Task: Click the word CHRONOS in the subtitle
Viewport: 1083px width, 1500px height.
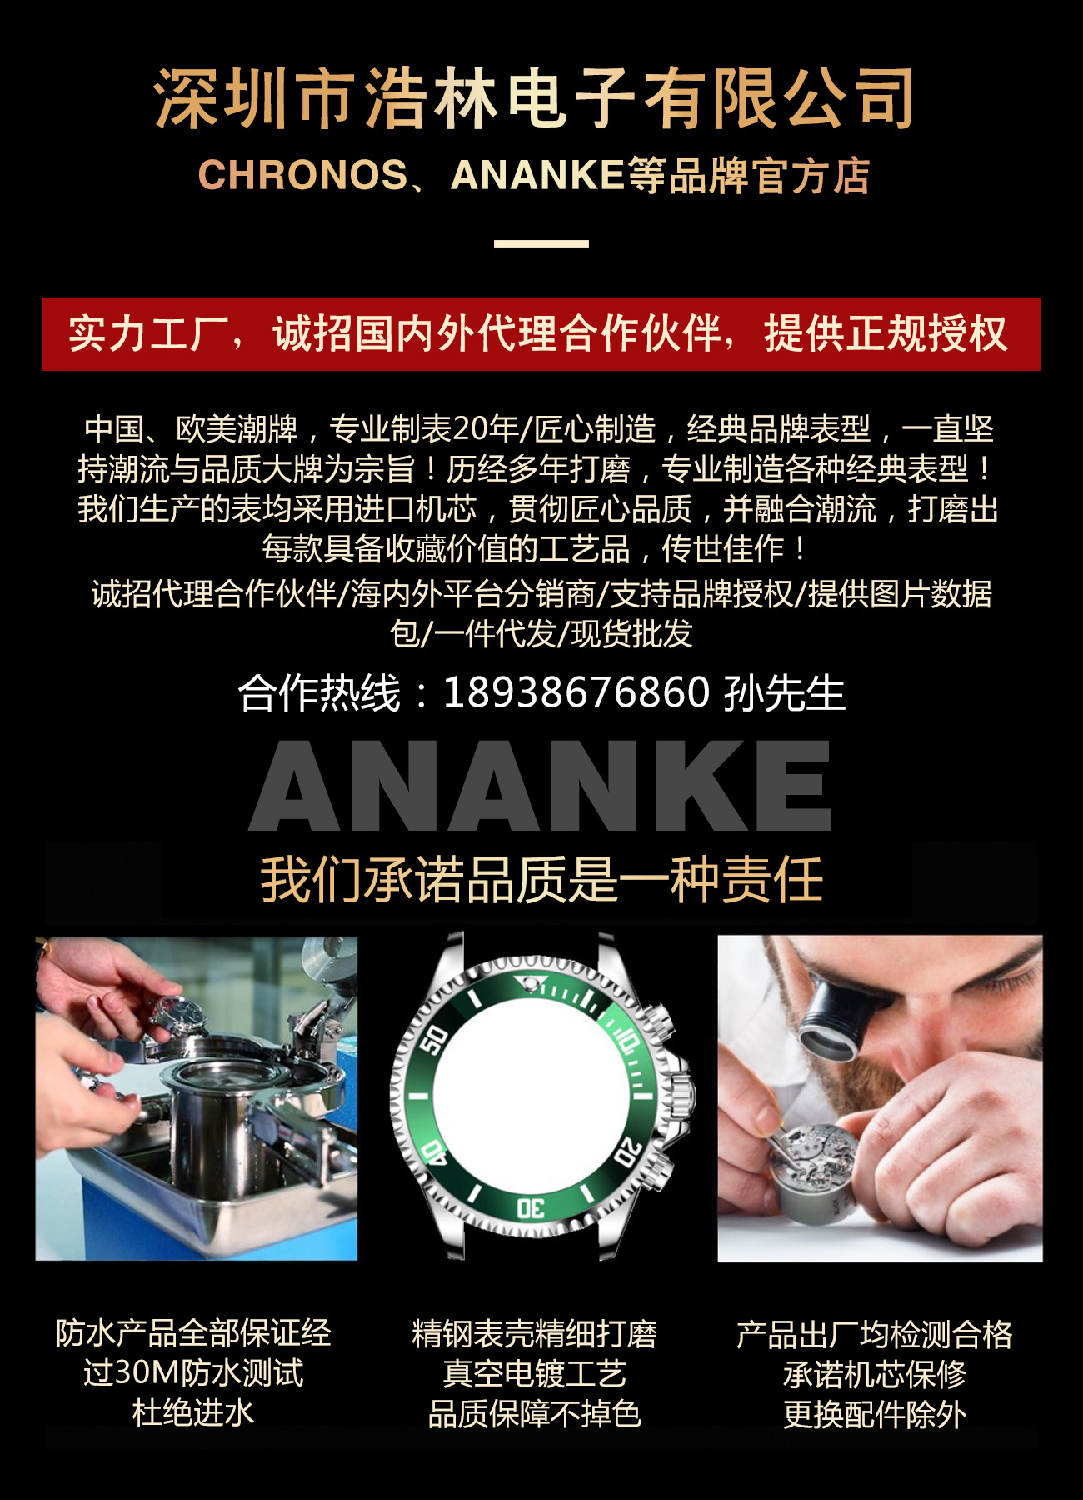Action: (302, 175)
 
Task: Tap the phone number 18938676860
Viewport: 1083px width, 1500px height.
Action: (576, 693)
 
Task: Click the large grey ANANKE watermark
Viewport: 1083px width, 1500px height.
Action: (541, 786)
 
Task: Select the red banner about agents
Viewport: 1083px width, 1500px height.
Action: (541, 333)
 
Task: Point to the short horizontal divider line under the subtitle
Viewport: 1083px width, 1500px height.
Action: (541, 243)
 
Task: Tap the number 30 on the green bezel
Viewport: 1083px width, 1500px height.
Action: (531, 1207)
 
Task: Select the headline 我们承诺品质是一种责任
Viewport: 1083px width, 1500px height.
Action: (541, 880)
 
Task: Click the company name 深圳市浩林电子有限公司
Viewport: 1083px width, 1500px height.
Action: (534, 100)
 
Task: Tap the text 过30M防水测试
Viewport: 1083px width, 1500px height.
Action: (193, 1373)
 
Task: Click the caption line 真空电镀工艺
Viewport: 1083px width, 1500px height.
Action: (534, 1374)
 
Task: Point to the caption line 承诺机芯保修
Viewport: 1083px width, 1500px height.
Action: (874, 1374)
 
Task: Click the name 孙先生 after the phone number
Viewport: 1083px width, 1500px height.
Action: (784, 693)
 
